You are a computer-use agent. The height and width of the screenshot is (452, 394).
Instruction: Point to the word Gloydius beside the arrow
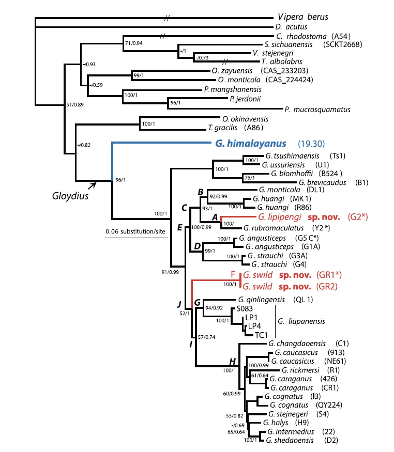69,196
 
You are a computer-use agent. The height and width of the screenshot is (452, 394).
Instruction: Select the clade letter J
179,303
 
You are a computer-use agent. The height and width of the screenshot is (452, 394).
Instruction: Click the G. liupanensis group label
301,321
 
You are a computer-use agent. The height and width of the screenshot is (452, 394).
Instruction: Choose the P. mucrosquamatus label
317,110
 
